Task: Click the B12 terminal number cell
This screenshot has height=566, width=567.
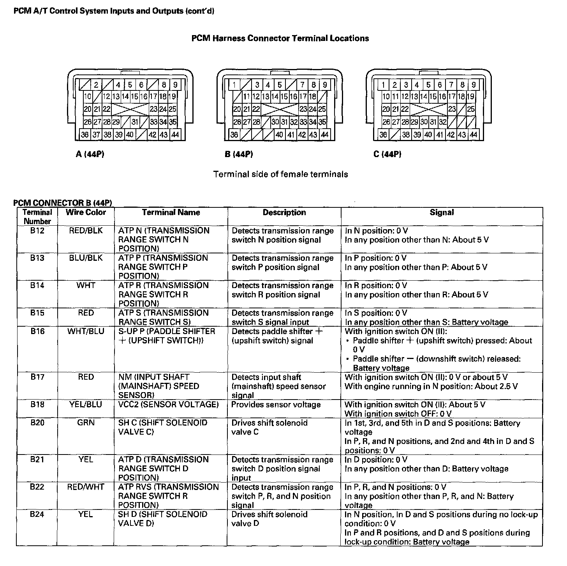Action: pos(37,231)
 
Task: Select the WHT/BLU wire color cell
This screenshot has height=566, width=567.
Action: pos(86,331)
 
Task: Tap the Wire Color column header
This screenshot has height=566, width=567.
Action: pos(86,212)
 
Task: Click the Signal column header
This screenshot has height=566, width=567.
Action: pos(442,212)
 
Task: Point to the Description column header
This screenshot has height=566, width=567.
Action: pos(284,212)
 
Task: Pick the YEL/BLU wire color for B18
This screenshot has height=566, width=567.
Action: pos(86,405)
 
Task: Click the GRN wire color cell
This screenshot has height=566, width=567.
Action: pos(86,423)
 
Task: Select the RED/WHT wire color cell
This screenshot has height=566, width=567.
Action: pos(86,487)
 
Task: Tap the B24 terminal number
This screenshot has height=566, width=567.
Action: pos(37,515)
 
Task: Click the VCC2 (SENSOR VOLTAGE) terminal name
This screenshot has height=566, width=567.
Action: pos(168,405)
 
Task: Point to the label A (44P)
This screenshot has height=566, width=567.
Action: pos(90,154)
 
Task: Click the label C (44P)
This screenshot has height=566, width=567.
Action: pos(387,154)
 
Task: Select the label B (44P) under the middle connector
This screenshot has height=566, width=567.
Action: pos(239,154)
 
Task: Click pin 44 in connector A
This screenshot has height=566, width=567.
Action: pos(175,134)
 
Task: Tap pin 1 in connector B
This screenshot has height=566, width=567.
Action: pos(234,85)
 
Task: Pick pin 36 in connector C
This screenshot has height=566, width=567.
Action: pos(384,134)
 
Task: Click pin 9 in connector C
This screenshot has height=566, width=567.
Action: pos(474,85)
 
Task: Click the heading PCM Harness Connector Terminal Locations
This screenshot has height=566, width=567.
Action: pos(280,38)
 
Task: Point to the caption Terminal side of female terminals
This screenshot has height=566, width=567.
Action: pos(280,174)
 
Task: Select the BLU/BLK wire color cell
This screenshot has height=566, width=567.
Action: pos(86,258)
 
